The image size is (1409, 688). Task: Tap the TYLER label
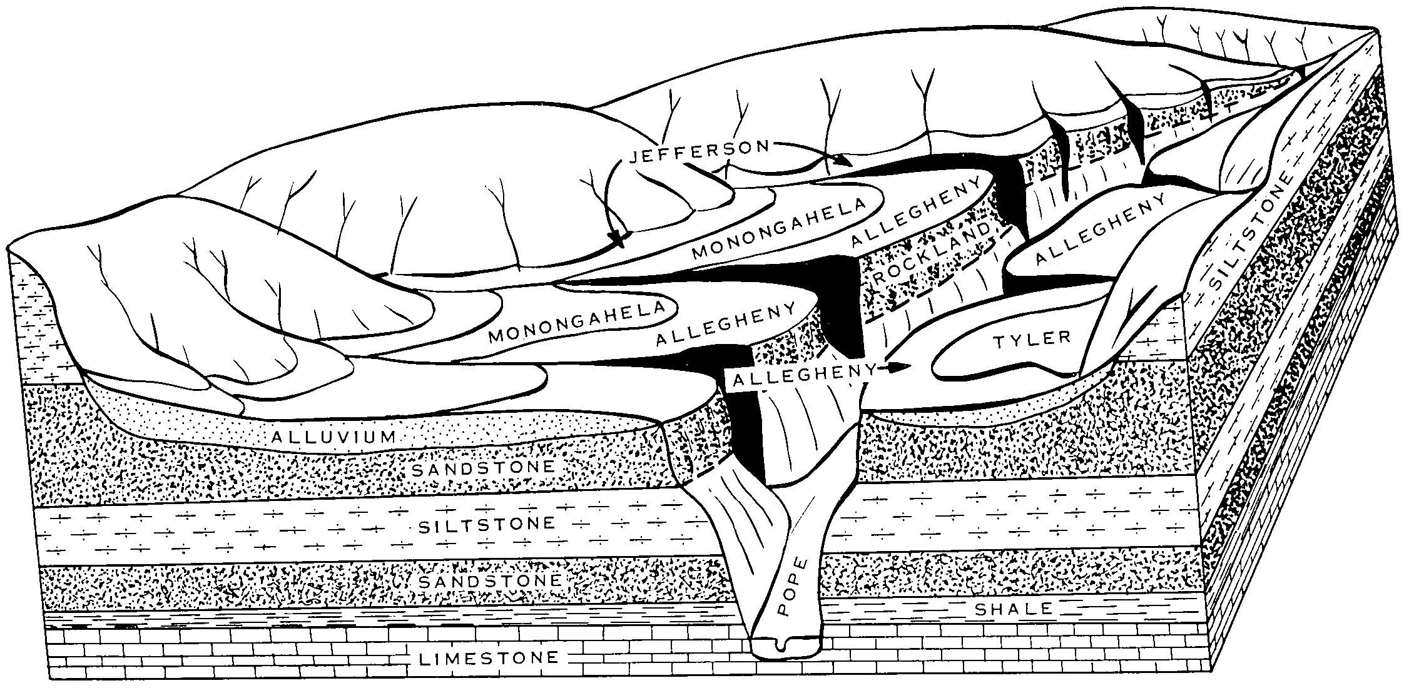[x=1032, y=339]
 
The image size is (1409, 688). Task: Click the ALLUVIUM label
[x=334, y=437]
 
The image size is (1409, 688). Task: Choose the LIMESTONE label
[x=490, y=657]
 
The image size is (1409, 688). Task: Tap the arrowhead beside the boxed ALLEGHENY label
[x=899, y=367]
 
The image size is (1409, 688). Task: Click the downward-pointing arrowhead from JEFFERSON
[x=617, y=238]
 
